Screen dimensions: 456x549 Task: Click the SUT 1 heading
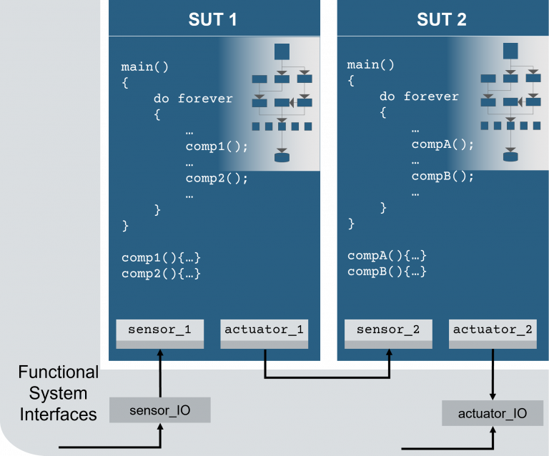[x=212, y=19]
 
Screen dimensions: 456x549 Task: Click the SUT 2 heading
[x=441, y=19]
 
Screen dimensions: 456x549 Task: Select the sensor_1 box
[x=159, y=330]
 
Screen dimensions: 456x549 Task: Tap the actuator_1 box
[x=264, y=330]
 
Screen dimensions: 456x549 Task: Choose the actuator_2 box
[x=493, y=330]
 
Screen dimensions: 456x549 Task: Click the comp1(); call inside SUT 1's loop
[x=217, y=147]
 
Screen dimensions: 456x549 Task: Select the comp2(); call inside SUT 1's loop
[x=217, y=179]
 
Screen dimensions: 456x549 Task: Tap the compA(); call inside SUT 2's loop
[x=442, y=144]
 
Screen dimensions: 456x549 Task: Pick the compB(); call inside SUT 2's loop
[x=442, y=176]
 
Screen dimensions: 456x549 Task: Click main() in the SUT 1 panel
[x=144, y=66]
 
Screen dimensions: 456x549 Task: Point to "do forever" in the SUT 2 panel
[x=419, y=96]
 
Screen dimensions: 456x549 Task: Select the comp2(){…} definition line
[x=161, y=274]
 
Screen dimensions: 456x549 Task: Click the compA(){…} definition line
[x=387, y=255]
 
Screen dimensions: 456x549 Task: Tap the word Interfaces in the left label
[x=58, y=414]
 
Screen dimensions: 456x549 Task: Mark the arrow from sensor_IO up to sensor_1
[x=160, y=372]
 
